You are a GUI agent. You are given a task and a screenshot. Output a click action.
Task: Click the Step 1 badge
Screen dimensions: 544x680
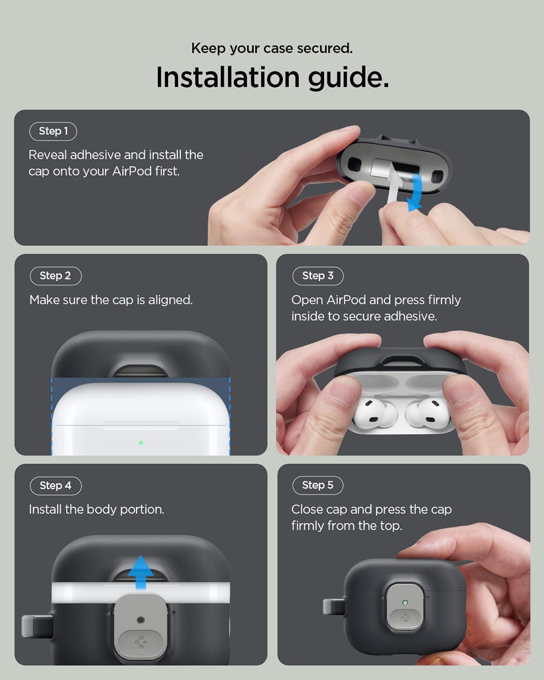(x=53, y=131)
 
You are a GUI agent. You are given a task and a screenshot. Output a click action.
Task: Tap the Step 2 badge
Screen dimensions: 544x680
(x=55, y=276)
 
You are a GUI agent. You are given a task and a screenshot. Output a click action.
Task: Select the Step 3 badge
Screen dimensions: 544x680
(x=318, y=276)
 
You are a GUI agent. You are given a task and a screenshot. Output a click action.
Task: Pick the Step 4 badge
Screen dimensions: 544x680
(x=55, y=485)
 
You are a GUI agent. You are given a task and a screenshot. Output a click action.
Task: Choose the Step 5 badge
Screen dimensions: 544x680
(x=318, y=485)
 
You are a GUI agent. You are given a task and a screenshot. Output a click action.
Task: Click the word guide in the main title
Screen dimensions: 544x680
(x=349, y=78)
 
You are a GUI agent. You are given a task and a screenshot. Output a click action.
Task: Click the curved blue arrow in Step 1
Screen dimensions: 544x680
(x=416, y=192)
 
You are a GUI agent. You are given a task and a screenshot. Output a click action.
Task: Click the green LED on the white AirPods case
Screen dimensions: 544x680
(x=141, y=443)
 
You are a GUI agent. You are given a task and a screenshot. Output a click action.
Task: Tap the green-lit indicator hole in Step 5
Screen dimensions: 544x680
(x=405, y=602)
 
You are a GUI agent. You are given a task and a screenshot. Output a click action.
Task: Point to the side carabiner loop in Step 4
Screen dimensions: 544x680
(x=37, y=626)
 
